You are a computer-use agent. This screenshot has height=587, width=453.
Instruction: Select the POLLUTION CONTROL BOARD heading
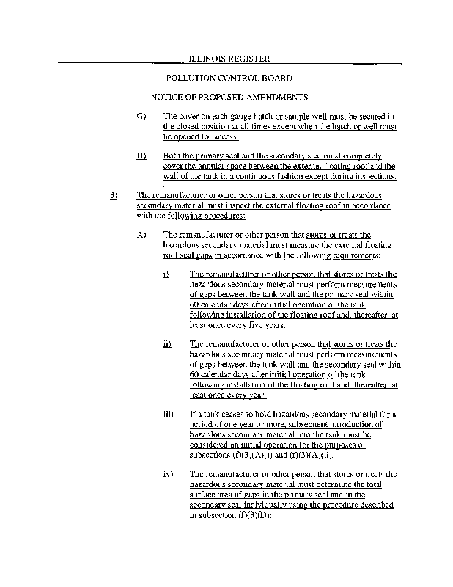pos(229,77)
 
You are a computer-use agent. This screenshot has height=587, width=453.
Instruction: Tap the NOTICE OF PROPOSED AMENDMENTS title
pos(229,96)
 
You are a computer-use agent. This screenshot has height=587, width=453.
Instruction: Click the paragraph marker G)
pos(141,116)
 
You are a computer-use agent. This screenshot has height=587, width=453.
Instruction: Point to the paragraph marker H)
pos(141,156)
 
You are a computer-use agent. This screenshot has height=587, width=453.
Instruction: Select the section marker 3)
pos(114,196)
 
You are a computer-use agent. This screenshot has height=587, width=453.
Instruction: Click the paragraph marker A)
pos(141,235)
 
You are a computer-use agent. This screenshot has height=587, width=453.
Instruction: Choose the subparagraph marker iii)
pos(169,414)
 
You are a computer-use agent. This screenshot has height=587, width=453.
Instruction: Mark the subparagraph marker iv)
pos(169,474)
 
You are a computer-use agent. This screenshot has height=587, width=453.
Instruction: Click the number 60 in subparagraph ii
pos(194,373)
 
